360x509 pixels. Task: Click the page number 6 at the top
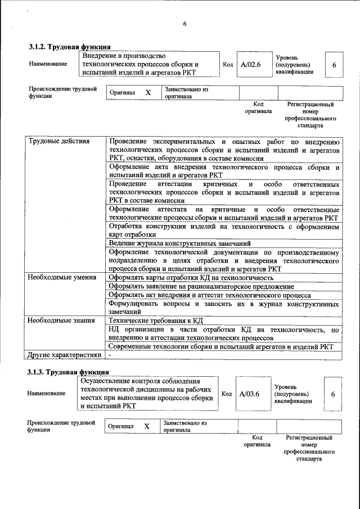(x=184, y=23)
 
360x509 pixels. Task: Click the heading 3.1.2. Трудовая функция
(x=69, y=47)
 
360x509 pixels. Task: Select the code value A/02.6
(x=250, y=65)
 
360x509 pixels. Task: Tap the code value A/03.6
(x=249, y=394)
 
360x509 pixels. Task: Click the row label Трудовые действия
(x=59, y=141)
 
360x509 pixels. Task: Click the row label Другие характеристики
(x=65, y=355)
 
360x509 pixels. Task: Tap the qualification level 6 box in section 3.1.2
(x=334, y=65)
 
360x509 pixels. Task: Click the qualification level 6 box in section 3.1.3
(x=333, y=394)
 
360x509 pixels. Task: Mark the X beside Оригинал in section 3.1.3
(x=147, y=426)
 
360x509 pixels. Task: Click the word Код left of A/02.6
(x=228, y=65)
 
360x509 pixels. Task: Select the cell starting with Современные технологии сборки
(x=221, y=346)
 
